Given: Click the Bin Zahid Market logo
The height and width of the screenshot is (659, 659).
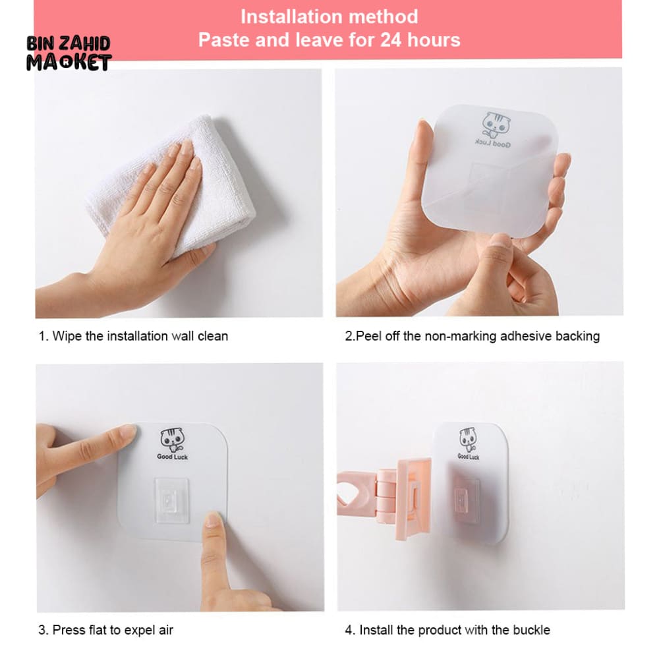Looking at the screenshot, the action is tap(69, 54).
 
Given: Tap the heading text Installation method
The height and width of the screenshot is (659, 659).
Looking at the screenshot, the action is tap(329, 17).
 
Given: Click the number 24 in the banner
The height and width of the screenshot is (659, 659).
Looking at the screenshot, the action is tap(391, 40).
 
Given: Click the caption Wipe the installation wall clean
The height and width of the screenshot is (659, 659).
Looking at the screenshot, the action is tap(133, 336).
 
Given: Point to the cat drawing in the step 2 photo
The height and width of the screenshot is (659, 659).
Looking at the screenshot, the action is tap(496, 125).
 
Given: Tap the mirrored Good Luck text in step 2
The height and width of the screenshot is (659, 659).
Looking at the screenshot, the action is tap(493, 144).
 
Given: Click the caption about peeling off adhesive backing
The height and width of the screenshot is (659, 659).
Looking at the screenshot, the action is tap(473, 336).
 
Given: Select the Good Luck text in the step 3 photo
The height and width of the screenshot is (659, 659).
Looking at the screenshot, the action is tap(172, 457).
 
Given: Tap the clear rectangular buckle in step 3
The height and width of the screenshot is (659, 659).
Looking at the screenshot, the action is tap(171, 500).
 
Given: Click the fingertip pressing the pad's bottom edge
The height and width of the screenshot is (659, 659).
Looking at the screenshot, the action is tap(214, 521).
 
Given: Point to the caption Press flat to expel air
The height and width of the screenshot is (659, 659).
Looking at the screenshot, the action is tap(105, 630).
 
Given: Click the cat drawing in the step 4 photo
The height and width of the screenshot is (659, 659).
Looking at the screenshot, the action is tap(467, 440).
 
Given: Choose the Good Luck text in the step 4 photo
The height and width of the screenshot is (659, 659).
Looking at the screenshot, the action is tap(468, 457).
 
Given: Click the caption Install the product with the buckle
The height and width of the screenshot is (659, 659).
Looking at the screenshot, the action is tap(447, 630).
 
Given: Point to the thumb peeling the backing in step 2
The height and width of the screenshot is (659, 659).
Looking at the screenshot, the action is tap(498, 252).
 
